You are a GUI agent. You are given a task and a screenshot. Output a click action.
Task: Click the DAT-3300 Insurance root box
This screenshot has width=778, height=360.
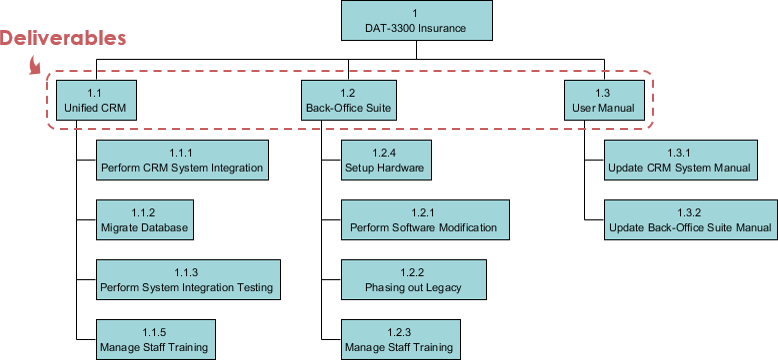pos(416,21)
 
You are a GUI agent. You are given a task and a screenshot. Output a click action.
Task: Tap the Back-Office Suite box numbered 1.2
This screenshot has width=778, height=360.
pos(348,100)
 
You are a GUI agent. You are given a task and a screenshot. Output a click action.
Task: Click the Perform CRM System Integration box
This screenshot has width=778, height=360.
pos(182,160)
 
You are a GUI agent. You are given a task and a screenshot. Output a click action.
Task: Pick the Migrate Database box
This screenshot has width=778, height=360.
pos(144,220)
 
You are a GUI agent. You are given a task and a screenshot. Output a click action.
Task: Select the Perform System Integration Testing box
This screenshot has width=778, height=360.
pos(186,280)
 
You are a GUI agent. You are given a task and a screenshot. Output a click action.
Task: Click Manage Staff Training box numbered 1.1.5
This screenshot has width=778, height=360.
pos(154,339)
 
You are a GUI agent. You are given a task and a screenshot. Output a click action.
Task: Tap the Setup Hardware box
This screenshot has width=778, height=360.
pos(385,160)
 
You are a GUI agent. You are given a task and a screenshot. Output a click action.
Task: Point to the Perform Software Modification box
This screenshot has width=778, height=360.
pos(423,220)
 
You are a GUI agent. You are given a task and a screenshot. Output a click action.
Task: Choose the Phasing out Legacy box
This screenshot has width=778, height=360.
pos(413,280)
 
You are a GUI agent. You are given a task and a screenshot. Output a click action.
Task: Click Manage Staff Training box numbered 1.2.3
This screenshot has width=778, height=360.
pos(399,339)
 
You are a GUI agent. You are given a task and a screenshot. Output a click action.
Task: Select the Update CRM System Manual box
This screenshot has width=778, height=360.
pos(679,160)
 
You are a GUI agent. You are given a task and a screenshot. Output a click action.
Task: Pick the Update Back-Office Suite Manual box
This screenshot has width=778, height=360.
pos(690,220)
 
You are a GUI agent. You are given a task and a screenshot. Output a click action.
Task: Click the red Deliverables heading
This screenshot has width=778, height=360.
pos(62,39)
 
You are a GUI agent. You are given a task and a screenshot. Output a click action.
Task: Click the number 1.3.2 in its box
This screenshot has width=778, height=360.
pos(690,212)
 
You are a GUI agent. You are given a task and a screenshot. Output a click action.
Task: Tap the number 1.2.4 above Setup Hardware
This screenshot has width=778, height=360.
pos(385,152)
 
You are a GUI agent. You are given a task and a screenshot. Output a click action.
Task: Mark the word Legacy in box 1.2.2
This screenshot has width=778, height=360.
pos(441,288)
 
